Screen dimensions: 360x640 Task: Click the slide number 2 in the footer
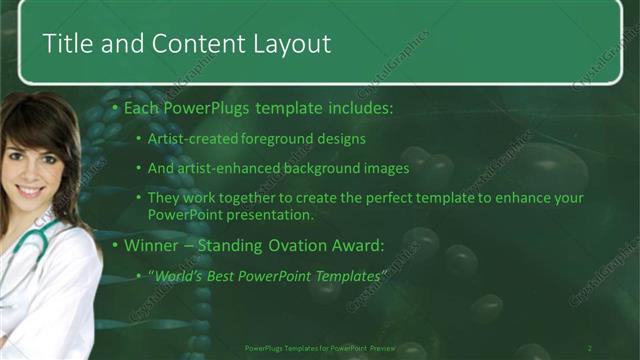coord(589,348)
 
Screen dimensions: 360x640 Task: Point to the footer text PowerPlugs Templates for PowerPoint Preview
coord(321,348)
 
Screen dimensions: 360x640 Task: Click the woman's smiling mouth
coord(30,190)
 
